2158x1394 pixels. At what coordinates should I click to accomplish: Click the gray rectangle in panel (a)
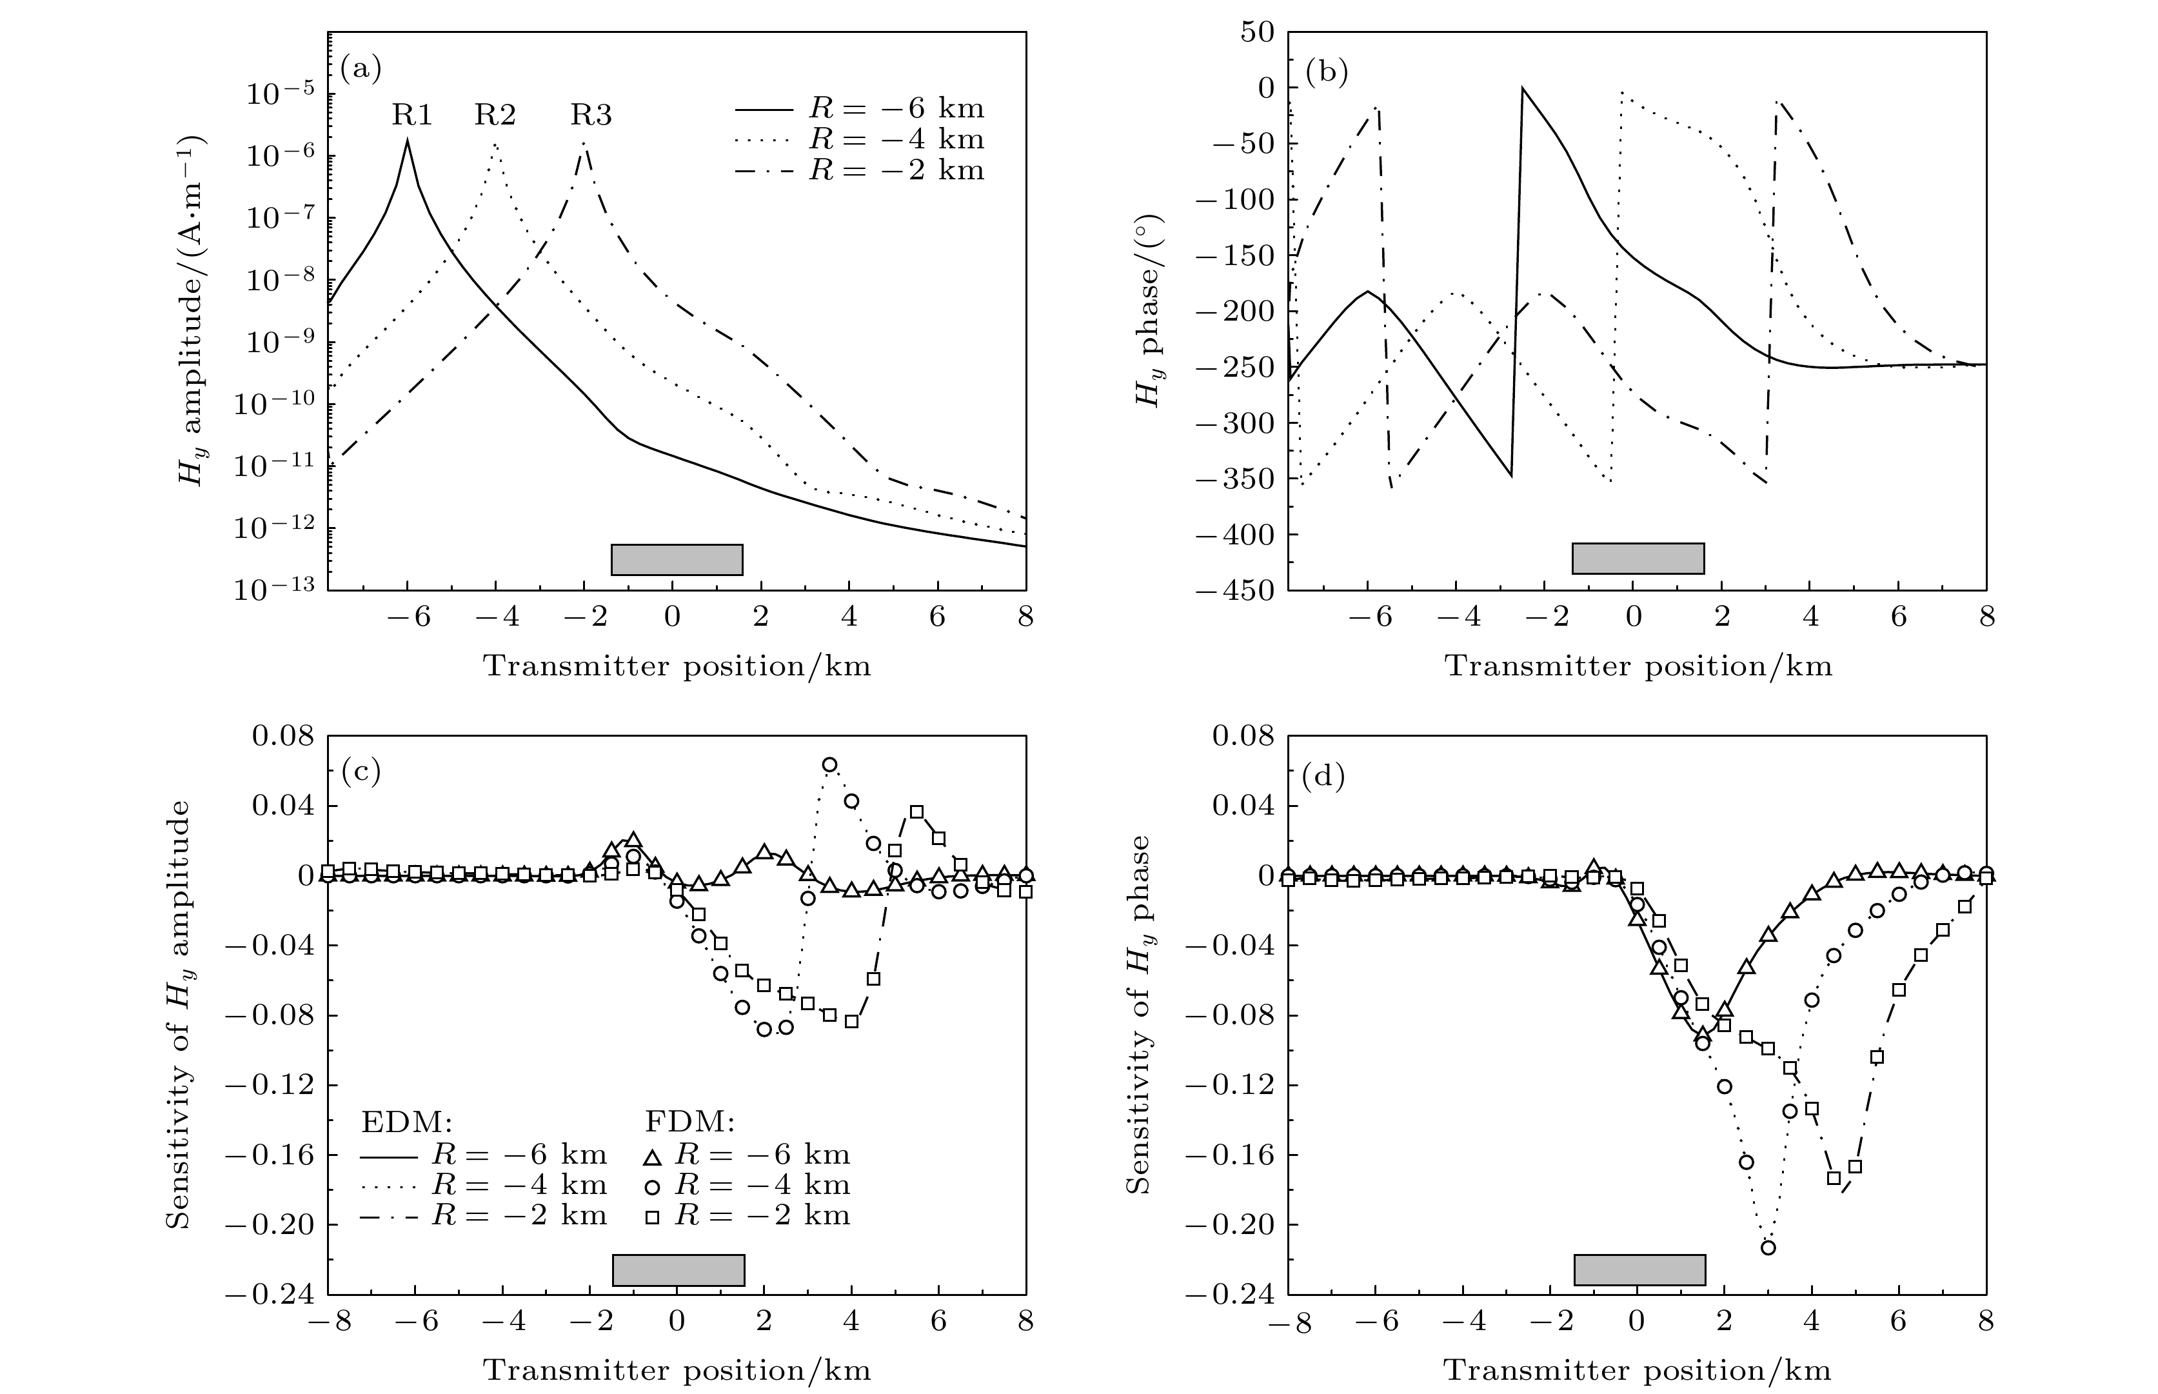(677, 559)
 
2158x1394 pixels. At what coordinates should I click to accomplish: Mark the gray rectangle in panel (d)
(1639, 1269)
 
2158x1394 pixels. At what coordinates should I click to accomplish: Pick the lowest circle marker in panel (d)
(1768, 1248)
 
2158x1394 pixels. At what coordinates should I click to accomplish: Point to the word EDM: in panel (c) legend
(406, 1122)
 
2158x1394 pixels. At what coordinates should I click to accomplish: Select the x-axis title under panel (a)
(677, 666)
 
